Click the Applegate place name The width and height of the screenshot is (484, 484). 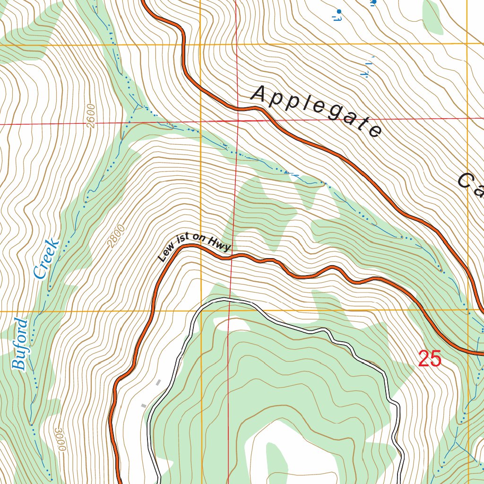pyautogui.click(x=317, y=112)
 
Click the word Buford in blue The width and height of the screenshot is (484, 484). pyautogui.click(x=20, y=344)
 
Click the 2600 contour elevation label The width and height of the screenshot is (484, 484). pyautogui.click(x=91, y=116)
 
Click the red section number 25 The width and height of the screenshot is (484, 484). pyautogui.click(x=430, y=359)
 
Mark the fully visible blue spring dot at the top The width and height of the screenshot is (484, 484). pyautogui.click(x=338, y=11)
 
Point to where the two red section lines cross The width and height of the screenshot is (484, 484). pyautogui.click(x=238, y=121)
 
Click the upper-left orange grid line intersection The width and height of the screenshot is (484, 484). pyautogui.click(x=200, y=45)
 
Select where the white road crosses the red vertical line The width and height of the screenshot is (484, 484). pyautogui.click(x=230, y=301)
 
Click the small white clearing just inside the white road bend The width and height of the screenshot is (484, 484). pyautogui.click(x=232, y=324)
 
